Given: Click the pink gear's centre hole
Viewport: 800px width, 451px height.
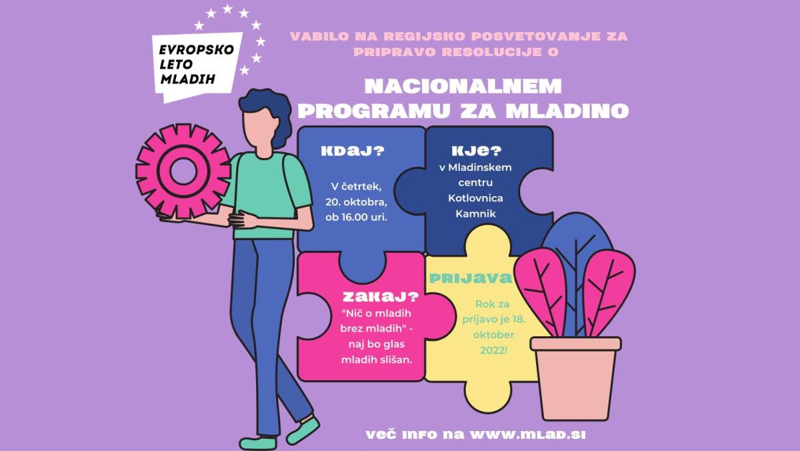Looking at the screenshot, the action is (183, 171).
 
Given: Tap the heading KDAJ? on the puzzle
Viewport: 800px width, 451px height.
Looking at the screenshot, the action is (353, 151).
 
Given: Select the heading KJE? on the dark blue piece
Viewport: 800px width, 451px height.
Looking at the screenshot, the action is (477, 151).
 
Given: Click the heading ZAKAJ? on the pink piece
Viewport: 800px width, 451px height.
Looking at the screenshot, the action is (381, 297).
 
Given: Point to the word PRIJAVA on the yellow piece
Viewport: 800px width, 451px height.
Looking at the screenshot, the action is (471, 278).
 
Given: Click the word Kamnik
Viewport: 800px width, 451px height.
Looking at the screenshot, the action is (476, 213).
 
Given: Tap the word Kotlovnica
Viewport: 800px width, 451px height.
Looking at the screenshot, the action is (475, 198).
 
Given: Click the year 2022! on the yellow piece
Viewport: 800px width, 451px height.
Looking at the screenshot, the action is (493, 350).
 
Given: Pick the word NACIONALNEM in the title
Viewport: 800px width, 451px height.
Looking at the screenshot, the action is (463, 87).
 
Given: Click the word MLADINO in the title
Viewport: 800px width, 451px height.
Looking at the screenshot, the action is (567, 111).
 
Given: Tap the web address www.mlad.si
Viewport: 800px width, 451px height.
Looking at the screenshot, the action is (527, 435).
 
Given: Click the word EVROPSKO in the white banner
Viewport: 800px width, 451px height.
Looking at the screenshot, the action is (197, 49).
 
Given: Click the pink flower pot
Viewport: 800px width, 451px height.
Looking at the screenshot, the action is (576, 378).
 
